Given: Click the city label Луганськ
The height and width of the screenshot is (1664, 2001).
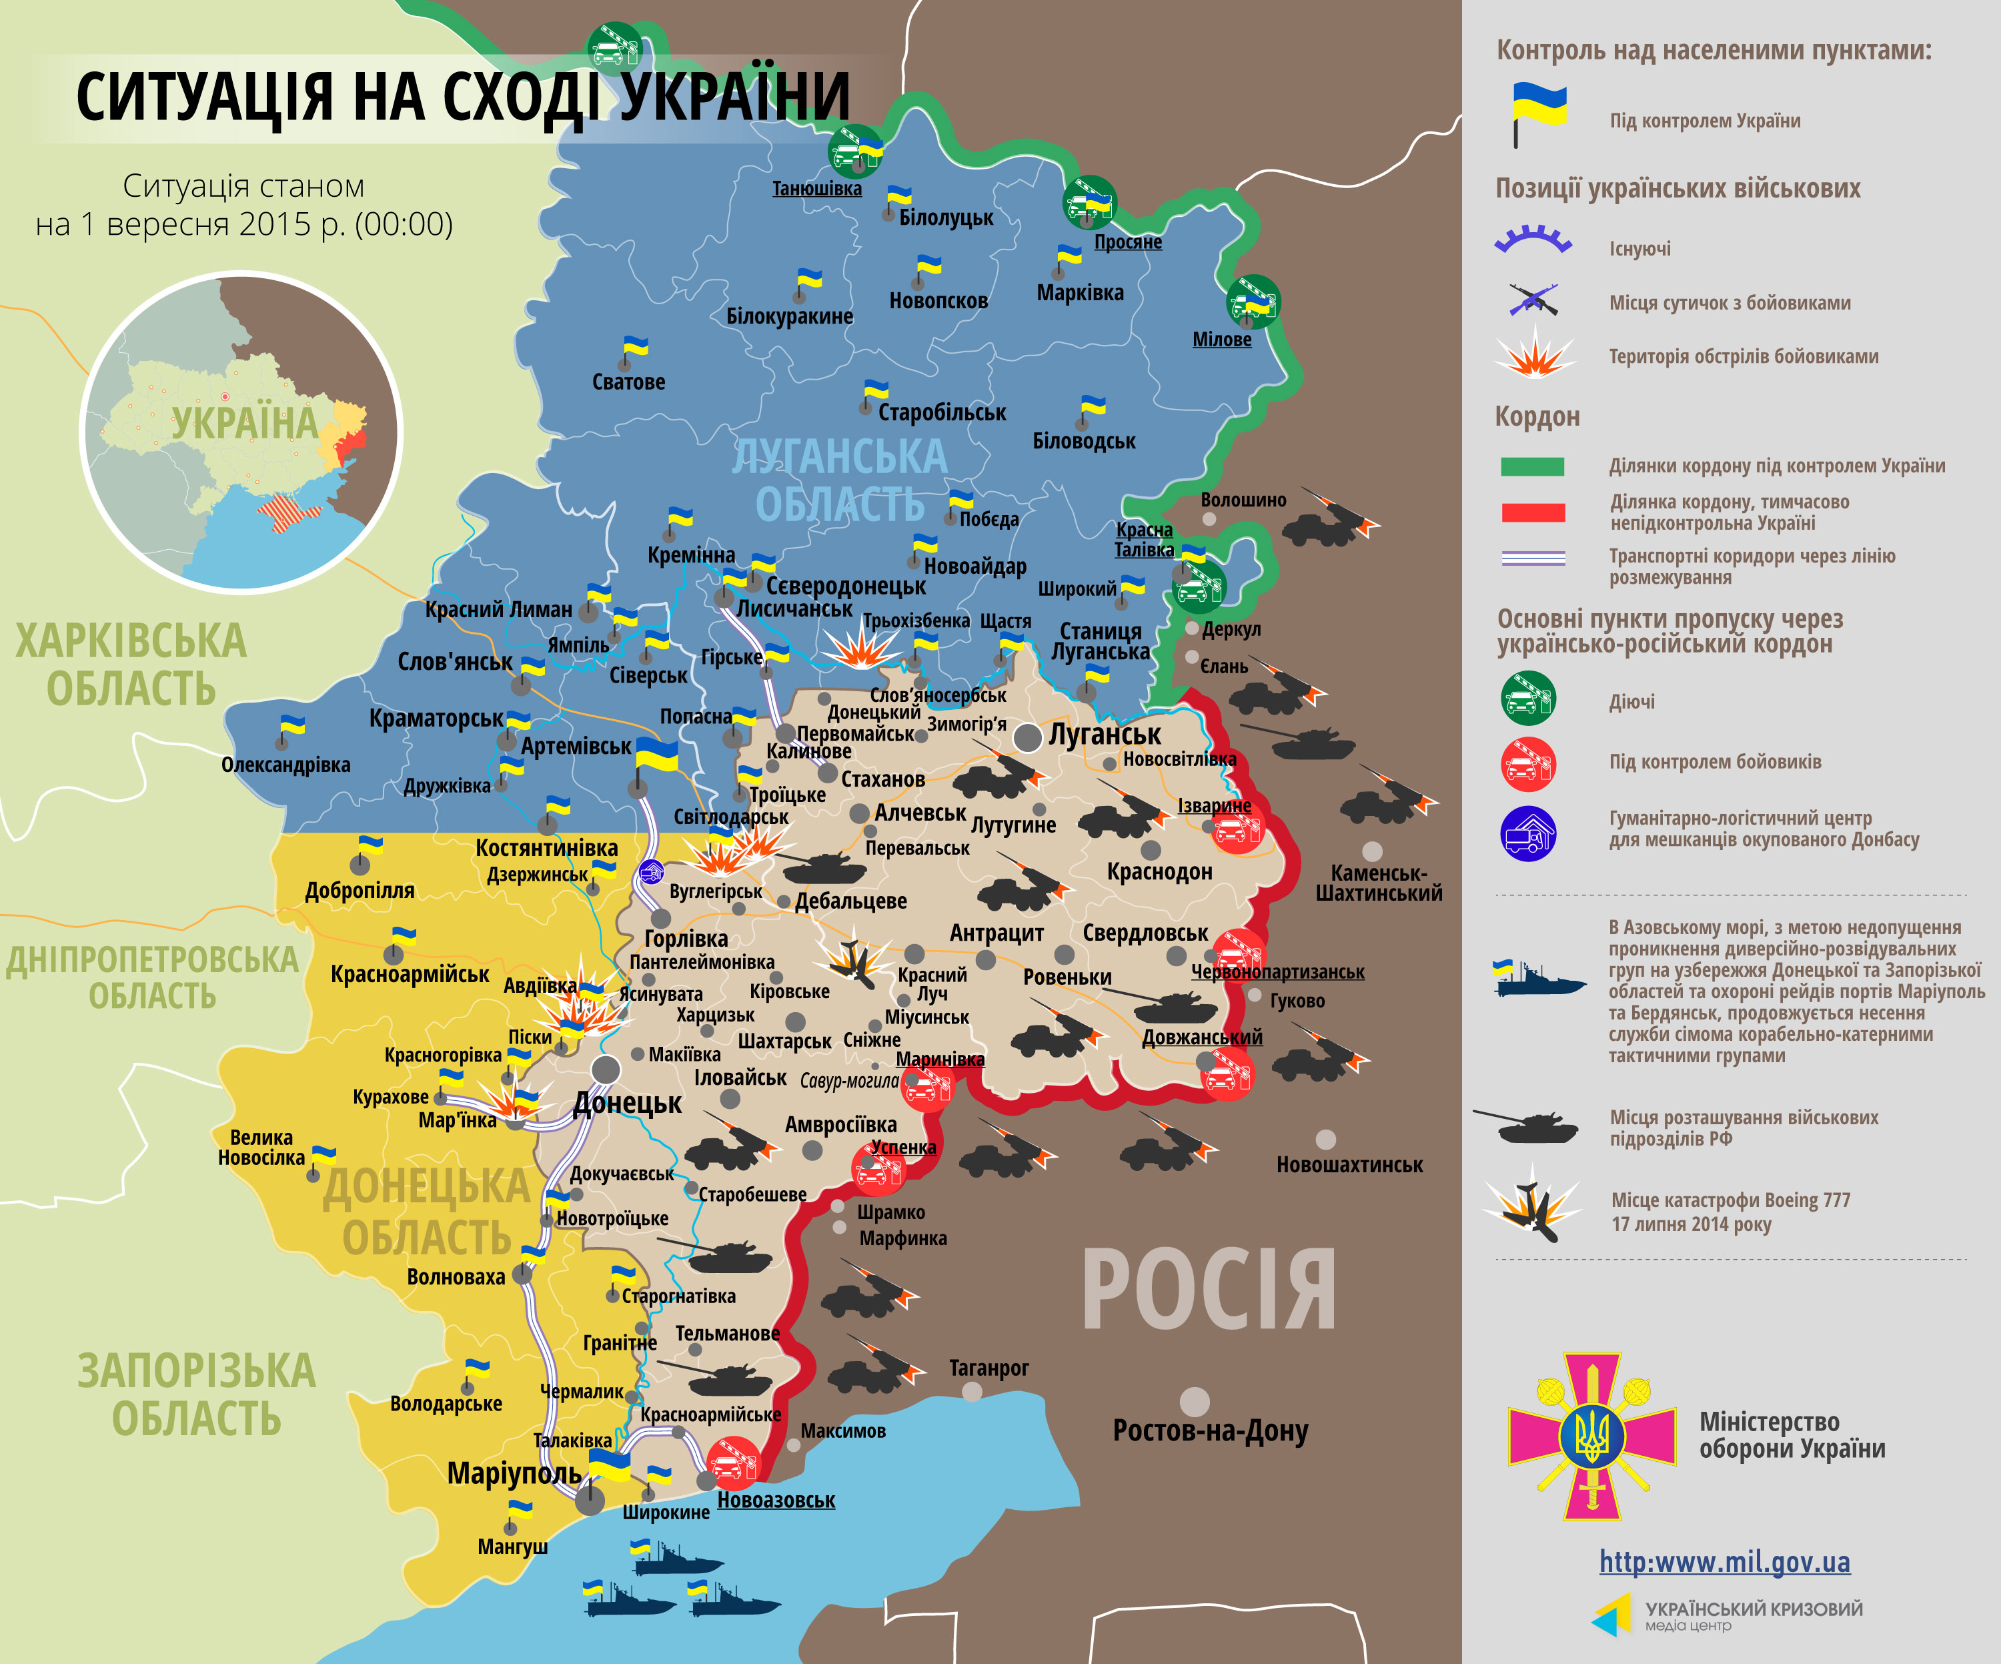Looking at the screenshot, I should click(1105, 735).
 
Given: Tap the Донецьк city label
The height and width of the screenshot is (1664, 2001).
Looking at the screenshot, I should click(627, 1104).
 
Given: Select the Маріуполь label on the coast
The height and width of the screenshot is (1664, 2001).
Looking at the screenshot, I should click(514, 1473).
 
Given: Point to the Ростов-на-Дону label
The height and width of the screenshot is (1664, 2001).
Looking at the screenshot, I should click(1210, 1430).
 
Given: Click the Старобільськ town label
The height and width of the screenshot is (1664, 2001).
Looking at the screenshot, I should click(941, 413).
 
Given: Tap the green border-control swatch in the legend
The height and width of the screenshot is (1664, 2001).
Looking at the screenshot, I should click(1532, 466).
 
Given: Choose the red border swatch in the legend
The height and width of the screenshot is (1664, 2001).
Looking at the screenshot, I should click(1532, 512).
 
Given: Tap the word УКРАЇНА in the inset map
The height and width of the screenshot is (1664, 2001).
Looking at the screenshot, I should click(244, 423).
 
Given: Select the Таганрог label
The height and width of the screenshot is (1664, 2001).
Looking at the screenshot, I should click(988, 1368).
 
